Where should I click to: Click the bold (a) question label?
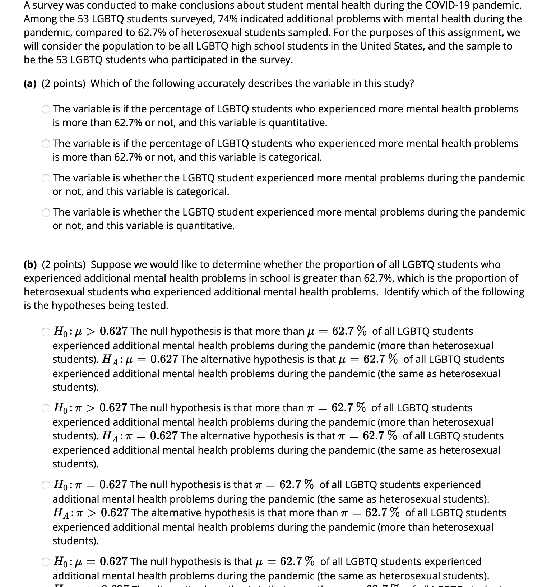(30, 84)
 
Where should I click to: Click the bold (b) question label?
(31, 265)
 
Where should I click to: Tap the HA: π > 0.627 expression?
(91, 513)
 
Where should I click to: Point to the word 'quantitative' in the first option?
(297, 123)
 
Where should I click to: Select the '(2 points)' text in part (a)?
(64, 84)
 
